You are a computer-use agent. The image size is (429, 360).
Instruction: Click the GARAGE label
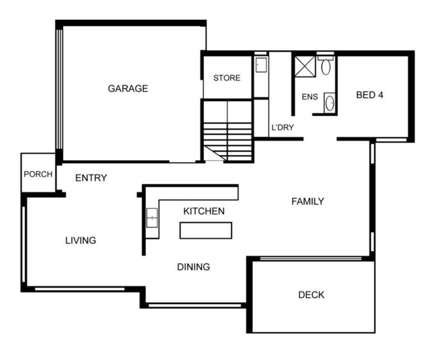(127, 89)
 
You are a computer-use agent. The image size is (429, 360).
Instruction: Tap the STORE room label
(227, 78)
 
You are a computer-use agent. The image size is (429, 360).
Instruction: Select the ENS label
(310, 97)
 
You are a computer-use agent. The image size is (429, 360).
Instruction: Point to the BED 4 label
(370, 95)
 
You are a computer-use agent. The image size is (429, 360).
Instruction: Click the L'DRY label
(282, 127)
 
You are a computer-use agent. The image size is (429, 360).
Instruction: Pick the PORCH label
(38, 174)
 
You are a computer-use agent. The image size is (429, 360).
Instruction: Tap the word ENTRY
(91, 178)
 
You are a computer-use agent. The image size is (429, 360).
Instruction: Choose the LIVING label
(80, 240)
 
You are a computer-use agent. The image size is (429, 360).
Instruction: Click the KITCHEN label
(204, 211)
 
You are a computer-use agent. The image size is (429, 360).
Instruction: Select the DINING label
(193, 267)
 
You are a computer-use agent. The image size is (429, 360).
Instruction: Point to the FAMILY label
(307, 201)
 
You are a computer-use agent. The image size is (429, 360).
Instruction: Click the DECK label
(311, 295)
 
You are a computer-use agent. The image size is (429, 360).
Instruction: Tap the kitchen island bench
(205, 230)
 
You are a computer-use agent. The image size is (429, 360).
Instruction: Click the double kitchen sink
(152, 219)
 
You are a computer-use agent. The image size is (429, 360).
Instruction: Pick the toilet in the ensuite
(325, 66)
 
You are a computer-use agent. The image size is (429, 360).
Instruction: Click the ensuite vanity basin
(329, 102)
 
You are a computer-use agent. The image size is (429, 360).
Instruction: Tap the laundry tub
(260, 66)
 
